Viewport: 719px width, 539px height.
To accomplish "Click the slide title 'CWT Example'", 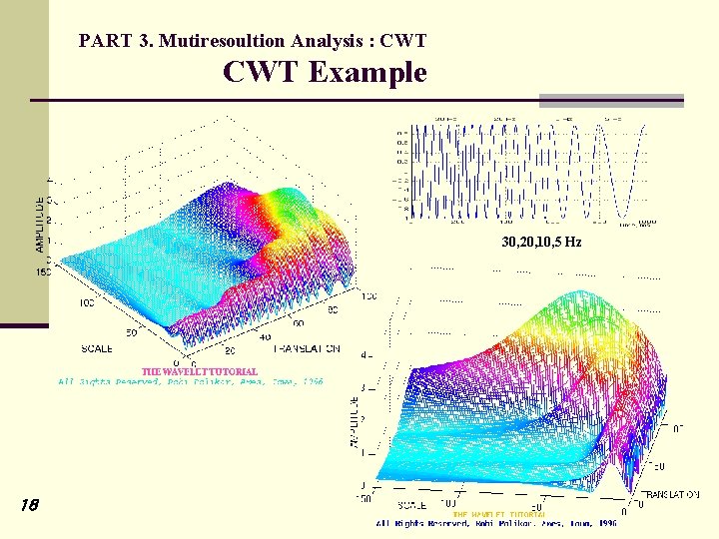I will coord(325,73).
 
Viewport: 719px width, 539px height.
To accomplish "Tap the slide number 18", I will coord(28,506).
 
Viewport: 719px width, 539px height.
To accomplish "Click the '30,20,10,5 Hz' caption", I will coord(541,243).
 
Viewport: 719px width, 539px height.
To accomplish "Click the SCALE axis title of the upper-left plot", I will coord(98,349).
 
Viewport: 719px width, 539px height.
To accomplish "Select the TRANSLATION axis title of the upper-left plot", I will coord(305,349).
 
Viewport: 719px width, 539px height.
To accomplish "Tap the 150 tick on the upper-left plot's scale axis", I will coord(42,270).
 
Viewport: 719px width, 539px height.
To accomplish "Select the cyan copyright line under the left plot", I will coord(190,381).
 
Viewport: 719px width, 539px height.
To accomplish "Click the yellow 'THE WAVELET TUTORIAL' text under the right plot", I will coord(499,514).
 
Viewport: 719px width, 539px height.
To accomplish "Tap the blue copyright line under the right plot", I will coord(496,523).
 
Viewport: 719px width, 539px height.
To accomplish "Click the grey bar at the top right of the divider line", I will coord(611,99).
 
